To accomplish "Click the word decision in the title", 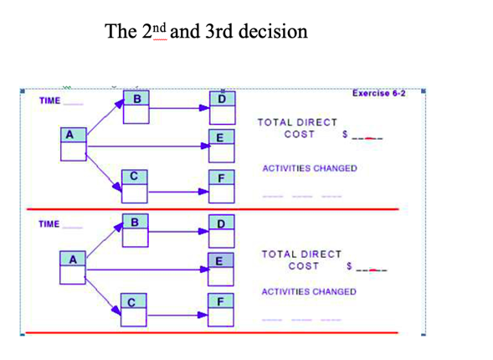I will click(x=273, y=32).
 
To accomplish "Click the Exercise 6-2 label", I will click(x=378, y=93).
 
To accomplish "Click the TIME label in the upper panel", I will click(x=49, y=101).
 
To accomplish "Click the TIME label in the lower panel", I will click(x=49, y=224).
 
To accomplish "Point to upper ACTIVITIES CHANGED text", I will click(x=309, y=168).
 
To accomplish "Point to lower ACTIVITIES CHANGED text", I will click(x=309, y=291).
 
